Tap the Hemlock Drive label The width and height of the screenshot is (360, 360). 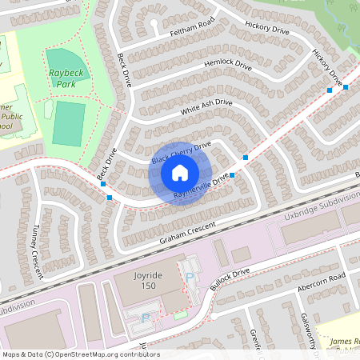(228, 65)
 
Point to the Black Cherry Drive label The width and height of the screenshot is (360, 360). (181, 154)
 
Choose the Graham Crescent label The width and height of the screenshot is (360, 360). (188, 234)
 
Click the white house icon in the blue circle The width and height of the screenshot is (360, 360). (180, 172)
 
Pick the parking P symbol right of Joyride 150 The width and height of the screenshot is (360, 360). (190, 277)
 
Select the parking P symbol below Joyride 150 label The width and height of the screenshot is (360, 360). (145, 318)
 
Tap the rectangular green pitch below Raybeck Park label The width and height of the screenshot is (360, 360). (69, 122)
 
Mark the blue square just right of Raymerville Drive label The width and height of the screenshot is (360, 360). (234, 174)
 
